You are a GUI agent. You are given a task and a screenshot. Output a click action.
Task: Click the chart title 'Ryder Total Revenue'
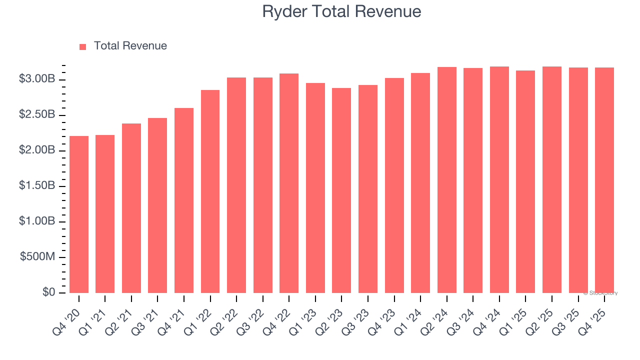[x=341, y=11]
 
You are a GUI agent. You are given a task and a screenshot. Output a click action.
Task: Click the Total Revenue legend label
[x=130, y=46]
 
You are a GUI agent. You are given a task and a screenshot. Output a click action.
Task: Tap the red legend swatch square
[x=83, y=46]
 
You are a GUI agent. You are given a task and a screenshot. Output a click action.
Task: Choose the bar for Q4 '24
[x=499, y=179]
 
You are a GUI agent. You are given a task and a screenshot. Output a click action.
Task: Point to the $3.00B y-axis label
[x=37, y=79]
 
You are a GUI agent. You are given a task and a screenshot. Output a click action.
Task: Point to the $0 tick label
[x=48, y=292]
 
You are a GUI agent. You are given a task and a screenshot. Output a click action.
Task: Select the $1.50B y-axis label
[x=37, y=185]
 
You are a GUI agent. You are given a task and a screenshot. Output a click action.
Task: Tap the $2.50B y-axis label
[x=37, y=114]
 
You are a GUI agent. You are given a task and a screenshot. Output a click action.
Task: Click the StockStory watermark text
[x=600, y=293]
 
